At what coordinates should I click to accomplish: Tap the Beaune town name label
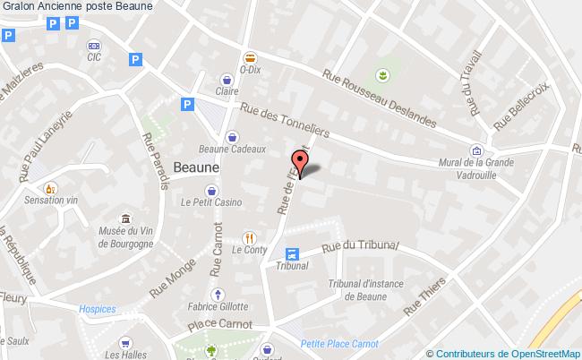[x=197, y=167]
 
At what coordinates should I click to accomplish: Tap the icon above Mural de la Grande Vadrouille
[x=477, y=150]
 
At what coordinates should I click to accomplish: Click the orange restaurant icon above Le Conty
[x=250, y=237]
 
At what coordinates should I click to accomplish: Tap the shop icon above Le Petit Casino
[x=210, y=190]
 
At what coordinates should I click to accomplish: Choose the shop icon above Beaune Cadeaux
[x=233, y=137]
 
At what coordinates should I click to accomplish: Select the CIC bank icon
[x=93, y=45]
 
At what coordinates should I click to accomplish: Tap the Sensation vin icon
[x=51, y=189]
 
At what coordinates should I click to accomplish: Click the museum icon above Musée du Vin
[x=125, y=219]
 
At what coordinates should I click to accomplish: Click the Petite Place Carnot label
[x=339, y=342]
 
